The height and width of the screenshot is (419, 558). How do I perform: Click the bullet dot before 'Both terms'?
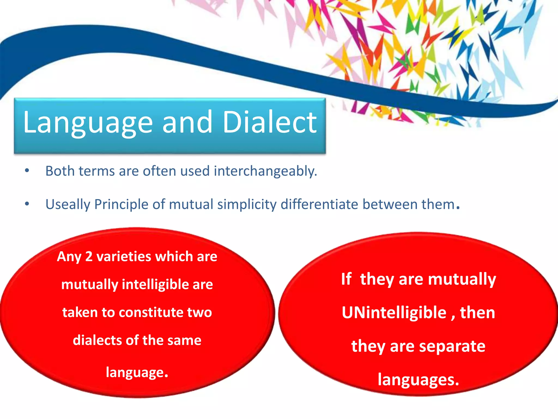[x=27, y=171]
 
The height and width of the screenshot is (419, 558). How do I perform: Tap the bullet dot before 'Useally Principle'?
[x=27, y=204]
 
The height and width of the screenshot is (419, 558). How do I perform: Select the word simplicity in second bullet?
[x=247, y=205]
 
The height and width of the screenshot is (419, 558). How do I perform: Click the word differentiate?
[x=319, y=204]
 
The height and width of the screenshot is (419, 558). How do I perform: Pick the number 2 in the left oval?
[x=89, y=257]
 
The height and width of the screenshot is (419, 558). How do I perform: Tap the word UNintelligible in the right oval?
[x=394, y=313]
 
